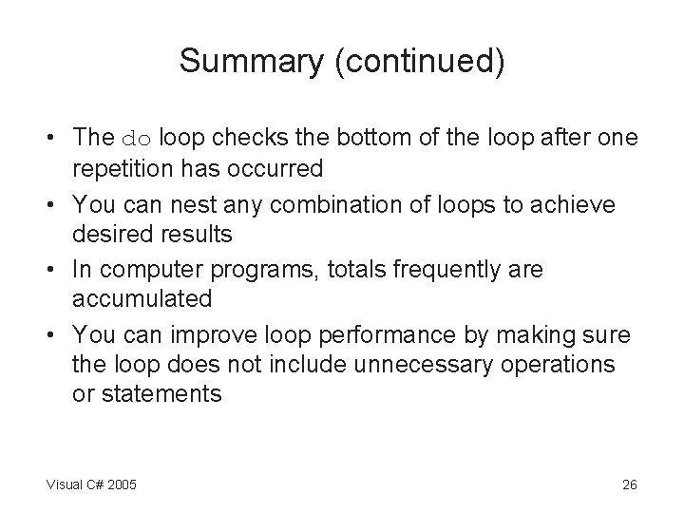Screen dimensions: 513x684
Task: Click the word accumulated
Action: coord(142,299)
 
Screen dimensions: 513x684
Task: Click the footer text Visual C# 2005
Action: coord(91,484)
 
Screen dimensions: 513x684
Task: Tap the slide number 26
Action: coord(629,484)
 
